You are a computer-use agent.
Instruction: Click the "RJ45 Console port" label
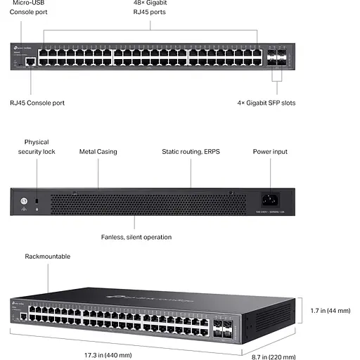coord(37,103)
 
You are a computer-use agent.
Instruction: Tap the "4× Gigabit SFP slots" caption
coord(266,103)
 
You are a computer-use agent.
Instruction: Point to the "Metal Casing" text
coord(98,151)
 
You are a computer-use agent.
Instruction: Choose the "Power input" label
coord(270,151)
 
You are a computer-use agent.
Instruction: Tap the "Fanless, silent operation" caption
coord(136,237)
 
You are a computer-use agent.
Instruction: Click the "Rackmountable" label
coord(48,257)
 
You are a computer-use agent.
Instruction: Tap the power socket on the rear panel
coord(269,200)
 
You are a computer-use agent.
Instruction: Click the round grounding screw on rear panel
coord(23,202)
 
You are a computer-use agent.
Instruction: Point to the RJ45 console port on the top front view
coord(30,61)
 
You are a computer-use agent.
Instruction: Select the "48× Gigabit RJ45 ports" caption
coord(150,8)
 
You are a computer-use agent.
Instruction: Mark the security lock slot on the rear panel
coord(37,202)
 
